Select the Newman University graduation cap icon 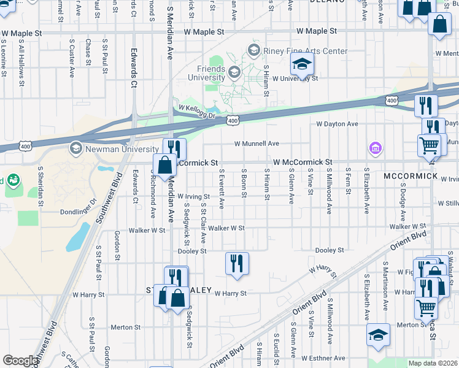pos(76,148)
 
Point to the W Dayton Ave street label pos(337,124)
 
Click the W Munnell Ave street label pos(256,144)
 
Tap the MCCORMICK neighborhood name pos(411,177)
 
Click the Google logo pos(20,361)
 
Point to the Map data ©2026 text pos(433,363)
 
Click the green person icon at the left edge pos(12,180)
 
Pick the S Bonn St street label pos(244,184)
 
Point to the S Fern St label pos(348,184)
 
